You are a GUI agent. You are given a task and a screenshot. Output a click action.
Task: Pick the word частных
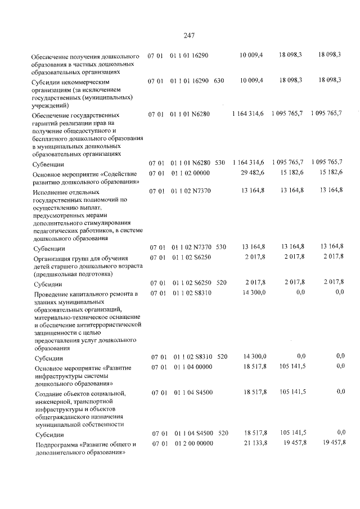click(83, 64)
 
